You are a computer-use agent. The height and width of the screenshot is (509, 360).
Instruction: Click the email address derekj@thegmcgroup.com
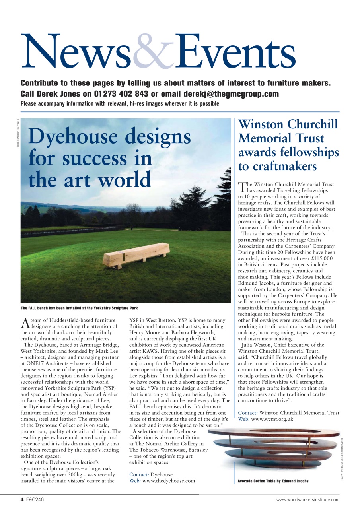click(231, 94)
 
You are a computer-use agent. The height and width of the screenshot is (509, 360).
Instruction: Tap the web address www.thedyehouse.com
click(169, 481)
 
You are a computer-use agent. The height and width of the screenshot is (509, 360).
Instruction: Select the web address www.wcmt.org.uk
click(266, 419)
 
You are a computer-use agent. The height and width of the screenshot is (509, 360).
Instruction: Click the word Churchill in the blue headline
click(310, 124)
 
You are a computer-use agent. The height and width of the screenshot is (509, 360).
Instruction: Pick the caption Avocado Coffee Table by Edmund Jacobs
click(273, 481)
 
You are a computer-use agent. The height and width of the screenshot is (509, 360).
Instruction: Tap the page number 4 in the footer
click(22, 499)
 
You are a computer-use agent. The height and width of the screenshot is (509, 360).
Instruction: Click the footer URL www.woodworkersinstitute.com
click(308, 499)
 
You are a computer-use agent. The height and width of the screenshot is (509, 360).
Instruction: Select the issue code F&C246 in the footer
click(35, 499)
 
